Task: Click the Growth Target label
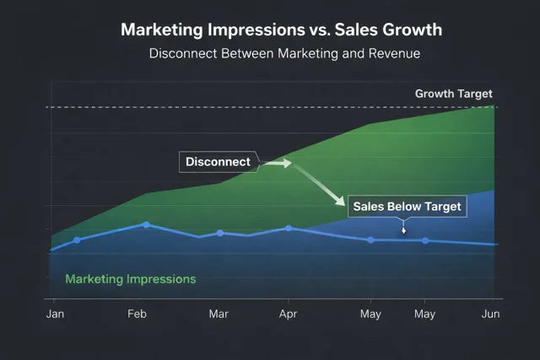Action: (x=453, y=94)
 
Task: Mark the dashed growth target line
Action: (x=253, y=107)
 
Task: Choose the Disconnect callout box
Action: (x=218, y=162)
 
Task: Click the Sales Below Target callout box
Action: (x=407, y=207)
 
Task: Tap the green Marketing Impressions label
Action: (x=131, y=278)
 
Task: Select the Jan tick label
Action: (x=54, y=314)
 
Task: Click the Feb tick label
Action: (x=138, y=314)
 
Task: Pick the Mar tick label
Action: (x=219, y=314)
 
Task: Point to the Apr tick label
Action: (x=289, y=314)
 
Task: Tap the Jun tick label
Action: (x=491, y=314)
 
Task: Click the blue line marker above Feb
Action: (x=146, y=224)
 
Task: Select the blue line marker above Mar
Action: (x=220, y=233)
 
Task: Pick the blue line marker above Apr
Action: (x=289, y=228)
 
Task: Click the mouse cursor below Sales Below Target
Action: (x=403, y=229)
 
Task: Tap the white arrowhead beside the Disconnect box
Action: (x=286, y=163)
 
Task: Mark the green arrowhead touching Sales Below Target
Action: (x=340, y=202)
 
